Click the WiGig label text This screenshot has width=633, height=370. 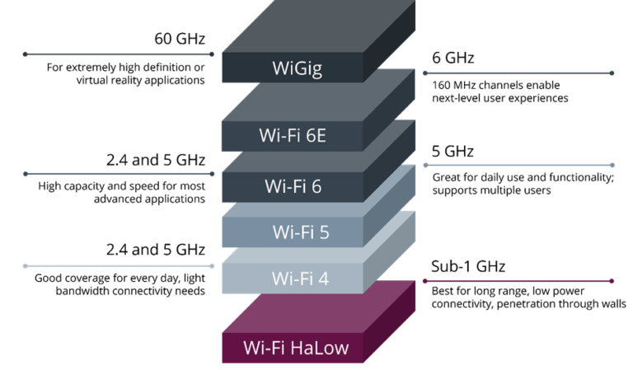pos(297,68)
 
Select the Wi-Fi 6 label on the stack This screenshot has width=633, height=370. pos(293,186)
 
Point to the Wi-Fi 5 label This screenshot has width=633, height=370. pos(300,232)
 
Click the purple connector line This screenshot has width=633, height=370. pos(518,281)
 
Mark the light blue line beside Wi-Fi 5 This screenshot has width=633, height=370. pos(518,165)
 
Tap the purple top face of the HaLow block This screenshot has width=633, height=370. pos(317,307)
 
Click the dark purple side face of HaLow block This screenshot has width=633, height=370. pos(389,326)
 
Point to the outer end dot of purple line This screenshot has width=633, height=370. pos(612,281)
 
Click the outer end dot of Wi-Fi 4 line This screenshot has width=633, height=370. pos(25,266)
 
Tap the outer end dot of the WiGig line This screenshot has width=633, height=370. pos(25,54)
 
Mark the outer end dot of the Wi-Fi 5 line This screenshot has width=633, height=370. pos(612,165)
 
